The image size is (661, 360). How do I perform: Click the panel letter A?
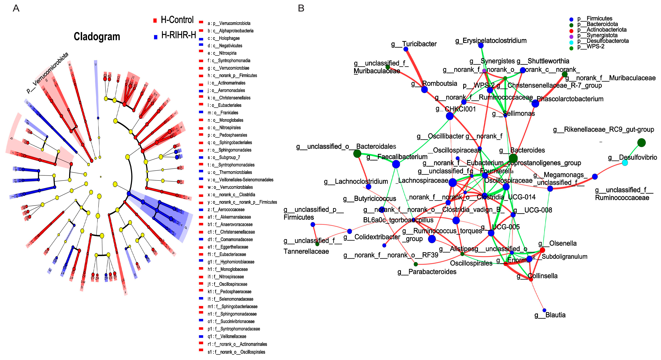tap(16, 9)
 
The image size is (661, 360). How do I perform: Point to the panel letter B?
tap(301, 9)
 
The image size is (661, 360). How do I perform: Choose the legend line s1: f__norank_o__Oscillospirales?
tap(236, 352)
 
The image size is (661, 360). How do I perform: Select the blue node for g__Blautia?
tap(544, 310)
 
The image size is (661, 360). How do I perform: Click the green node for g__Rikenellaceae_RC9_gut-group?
tap(641, 143)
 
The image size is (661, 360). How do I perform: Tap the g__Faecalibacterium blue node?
tap(396, 164)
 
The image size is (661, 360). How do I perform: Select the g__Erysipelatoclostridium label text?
tap(491, 41)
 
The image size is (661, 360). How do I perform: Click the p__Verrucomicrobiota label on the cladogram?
tap(47, 73)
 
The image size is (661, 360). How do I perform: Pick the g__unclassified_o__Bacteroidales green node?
tap(357, 154)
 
